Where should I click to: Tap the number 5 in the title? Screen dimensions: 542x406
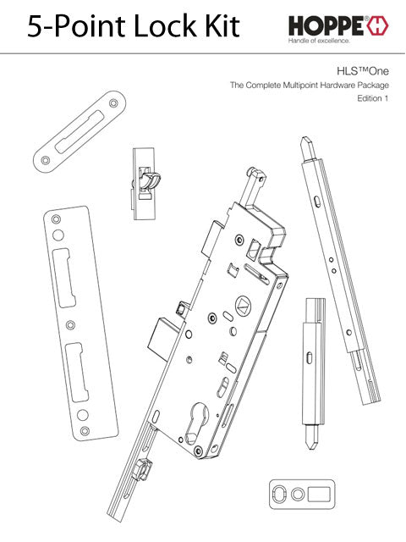click(36, 26)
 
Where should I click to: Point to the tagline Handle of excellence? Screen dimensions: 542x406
click(320, 41)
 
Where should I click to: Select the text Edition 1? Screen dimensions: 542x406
click(372, 99)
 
